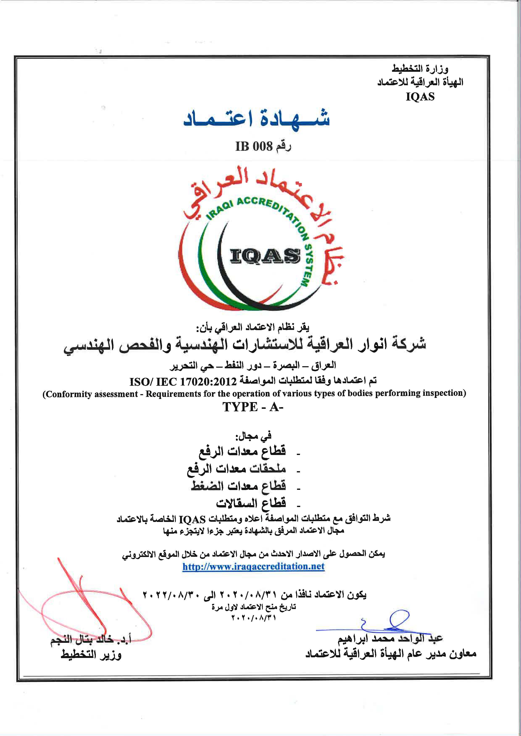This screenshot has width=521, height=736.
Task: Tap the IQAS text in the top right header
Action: [420, 97]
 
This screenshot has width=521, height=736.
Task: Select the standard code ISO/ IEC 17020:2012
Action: [183, 382]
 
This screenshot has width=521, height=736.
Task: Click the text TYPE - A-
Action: [253, 407]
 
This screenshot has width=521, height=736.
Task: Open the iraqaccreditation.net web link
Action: [253, 566]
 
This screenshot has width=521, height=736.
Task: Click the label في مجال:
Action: [253, 435]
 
